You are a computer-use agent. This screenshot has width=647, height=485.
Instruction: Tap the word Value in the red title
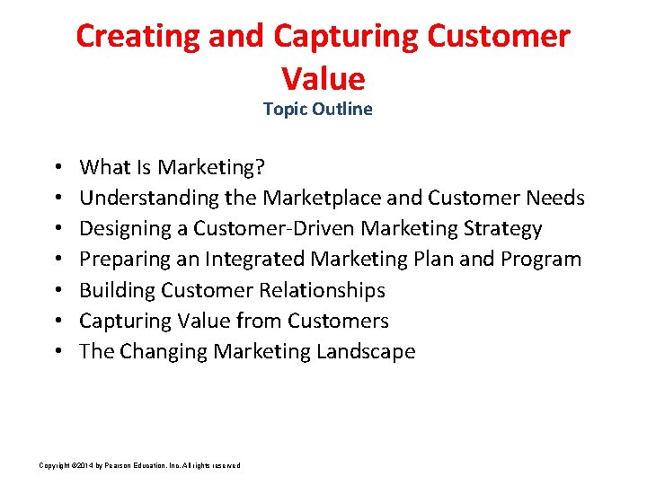(323, 79)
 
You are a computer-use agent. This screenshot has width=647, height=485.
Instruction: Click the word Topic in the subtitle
(284, 109)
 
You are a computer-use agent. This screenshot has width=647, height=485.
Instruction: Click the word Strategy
(503, 228)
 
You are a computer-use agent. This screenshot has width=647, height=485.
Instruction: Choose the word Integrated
(254, 260)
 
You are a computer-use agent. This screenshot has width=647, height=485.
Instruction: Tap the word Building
(117, 290)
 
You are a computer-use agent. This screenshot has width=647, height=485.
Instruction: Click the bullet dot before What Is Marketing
(57, 168)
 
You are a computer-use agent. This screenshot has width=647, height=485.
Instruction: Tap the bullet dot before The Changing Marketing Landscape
(57, 352)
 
